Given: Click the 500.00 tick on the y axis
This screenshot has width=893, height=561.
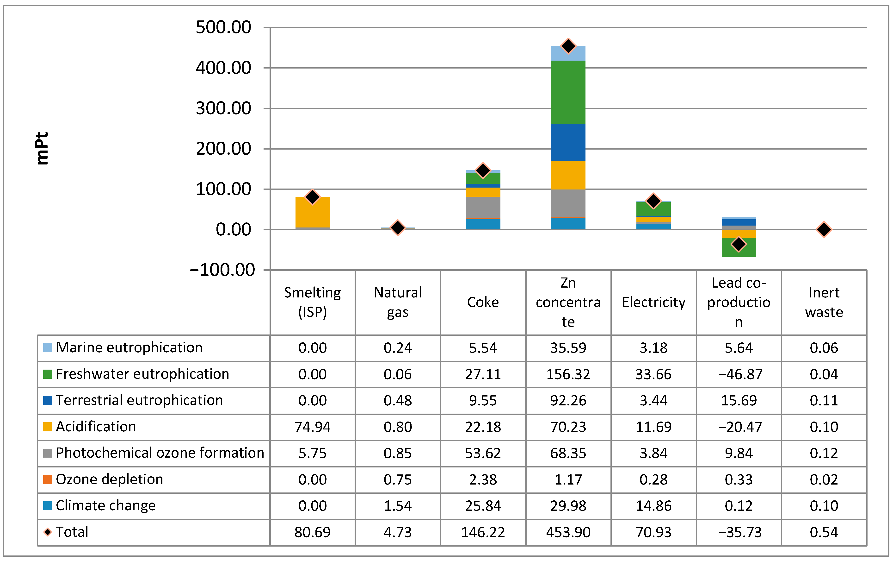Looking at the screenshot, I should pos(223,27).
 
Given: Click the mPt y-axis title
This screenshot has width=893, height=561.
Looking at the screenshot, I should pos(42,148).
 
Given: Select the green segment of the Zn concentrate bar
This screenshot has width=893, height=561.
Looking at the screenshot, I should pos(568,92).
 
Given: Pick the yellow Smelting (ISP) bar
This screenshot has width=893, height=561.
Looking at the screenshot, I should pos(313,212).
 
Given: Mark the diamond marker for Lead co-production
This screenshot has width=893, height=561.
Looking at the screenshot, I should pos(739,244).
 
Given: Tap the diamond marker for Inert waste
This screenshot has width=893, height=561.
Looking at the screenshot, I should pos(824,229).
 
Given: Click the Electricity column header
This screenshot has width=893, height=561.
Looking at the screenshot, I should pos(653,303).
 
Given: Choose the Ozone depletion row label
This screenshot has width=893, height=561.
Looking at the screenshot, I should pos(109,479).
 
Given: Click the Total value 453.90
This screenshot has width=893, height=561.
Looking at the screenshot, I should pos(568,532).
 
